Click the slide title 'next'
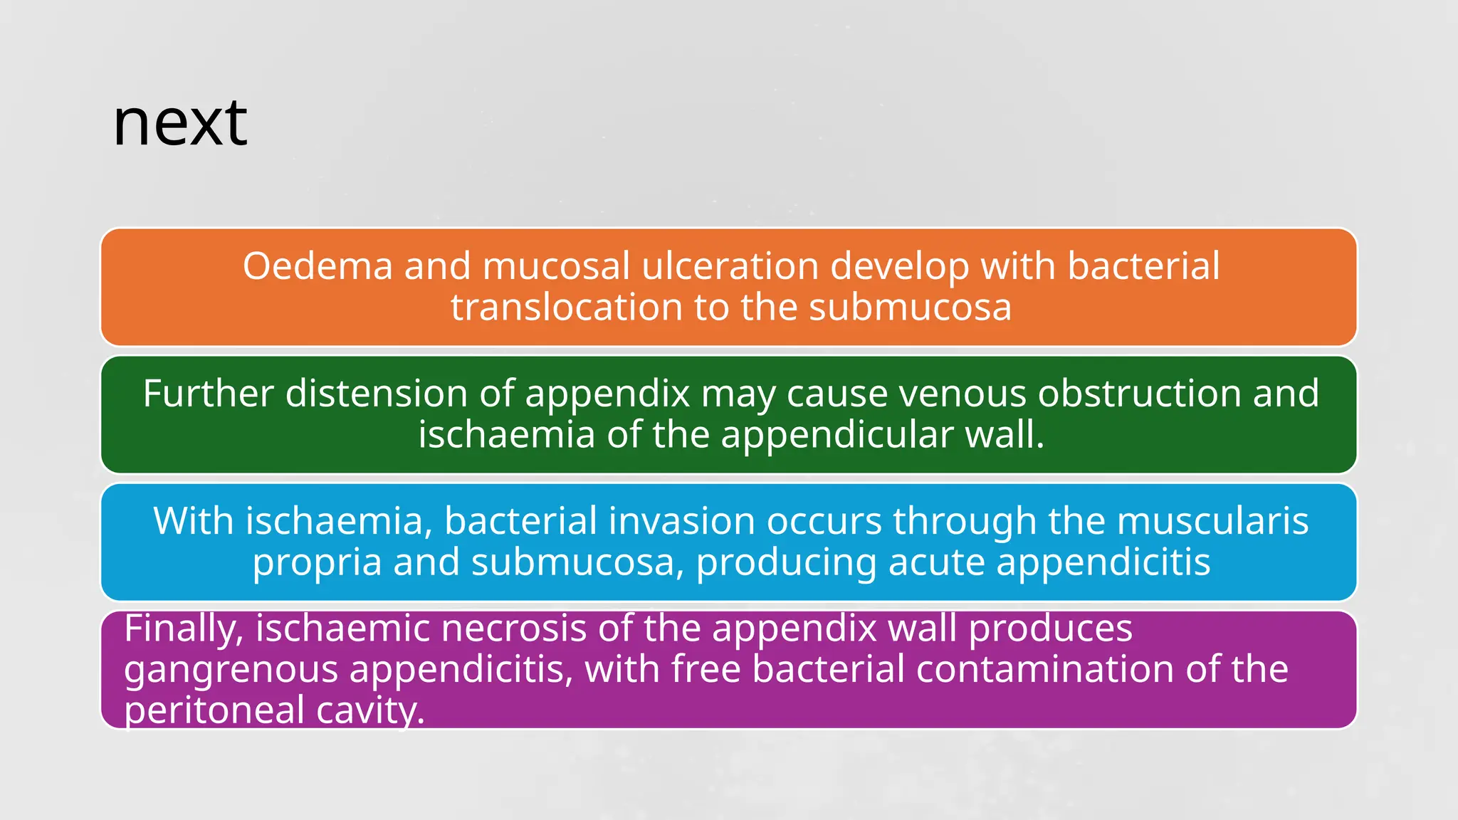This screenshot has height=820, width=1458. point(180,124)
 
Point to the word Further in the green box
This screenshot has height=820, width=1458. point(208,394)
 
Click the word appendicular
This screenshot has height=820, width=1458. point(836,435)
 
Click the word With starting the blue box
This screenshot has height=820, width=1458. point(193,521)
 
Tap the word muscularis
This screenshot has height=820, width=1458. point(1212,521)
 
